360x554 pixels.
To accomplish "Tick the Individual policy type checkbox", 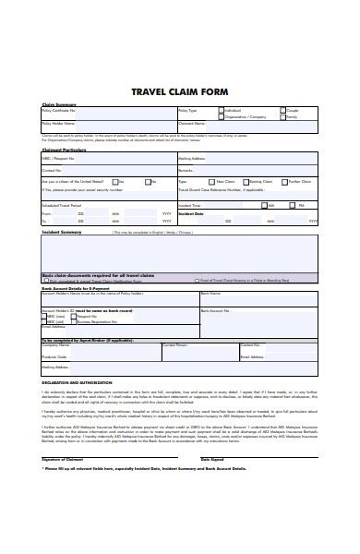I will click(222, 110).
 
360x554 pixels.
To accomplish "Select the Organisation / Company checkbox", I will click(222, 117).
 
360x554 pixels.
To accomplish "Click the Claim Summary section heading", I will click(58, 103).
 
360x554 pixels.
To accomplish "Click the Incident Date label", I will click(191, 212).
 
